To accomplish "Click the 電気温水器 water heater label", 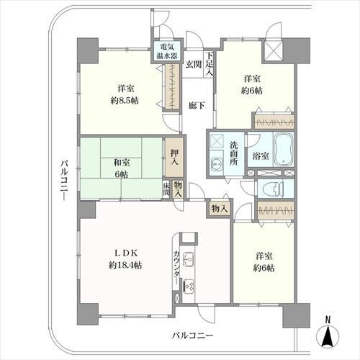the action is (x=167, y=51).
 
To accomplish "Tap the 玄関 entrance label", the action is (x=194, y=65).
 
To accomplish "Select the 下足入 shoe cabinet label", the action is (x=210, y=64).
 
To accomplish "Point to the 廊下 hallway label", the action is (x=197, y=105).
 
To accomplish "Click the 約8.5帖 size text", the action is (x=125, y=101).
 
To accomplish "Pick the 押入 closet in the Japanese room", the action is (x=174, y=157).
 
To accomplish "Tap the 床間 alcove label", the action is (x=166, y=189).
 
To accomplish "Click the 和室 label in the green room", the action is (x=122, y=163).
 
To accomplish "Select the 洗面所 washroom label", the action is (x=233, y=153).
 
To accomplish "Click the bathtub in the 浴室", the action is (x=283, y=150).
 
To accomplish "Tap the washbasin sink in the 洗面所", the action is (x=217, y=165).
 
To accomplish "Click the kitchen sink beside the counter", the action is (x=189, y=259).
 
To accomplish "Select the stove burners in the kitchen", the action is (x=189, y=285).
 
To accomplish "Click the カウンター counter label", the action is (x=176, y=267).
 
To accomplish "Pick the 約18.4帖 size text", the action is (x=125, y=265).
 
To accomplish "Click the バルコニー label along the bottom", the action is (x=192, y=335).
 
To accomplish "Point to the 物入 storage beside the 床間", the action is (x=178, y=189).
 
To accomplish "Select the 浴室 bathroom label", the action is (x=261, y=156).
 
